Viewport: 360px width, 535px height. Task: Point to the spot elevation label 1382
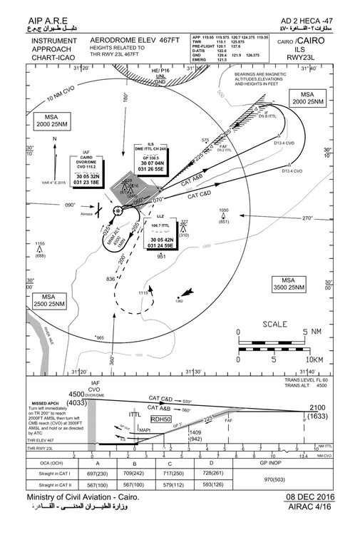(x=178, y=301)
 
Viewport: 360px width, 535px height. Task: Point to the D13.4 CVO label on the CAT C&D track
(x=294, y=171)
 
